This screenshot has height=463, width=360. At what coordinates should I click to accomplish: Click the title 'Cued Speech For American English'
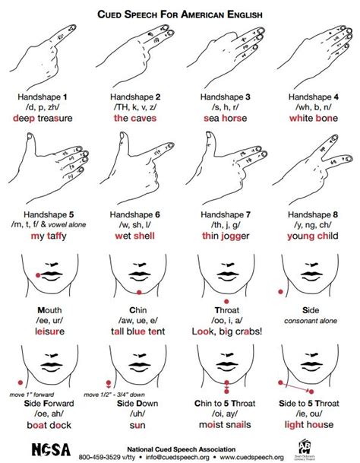click(180, 13)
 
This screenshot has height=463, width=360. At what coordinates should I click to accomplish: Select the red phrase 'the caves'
click(137, 119)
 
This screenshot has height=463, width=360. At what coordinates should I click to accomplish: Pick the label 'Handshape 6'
click(137, 216)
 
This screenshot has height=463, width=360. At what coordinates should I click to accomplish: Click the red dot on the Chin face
click(137, 293)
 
